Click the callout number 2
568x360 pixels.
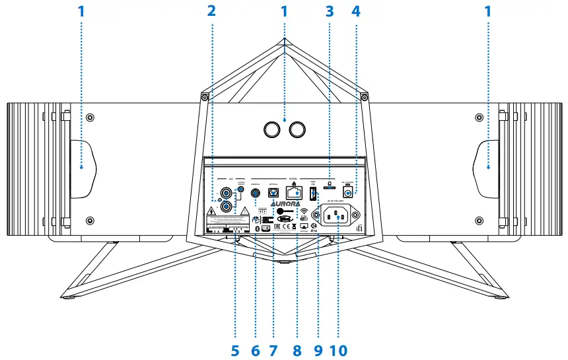(x=211, y=11)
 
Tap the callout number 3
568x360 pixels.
(x=329, y=11)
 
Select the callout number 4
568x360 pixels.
(x=357, y=11)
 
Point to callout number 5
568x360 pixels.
(x=236, y=349)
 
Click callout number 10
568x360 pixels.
(x=339, y=349)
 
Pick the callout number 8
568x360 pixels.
(x=297, y=349)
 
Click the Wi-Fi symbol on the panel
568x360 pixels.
(x=304, y=213)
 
